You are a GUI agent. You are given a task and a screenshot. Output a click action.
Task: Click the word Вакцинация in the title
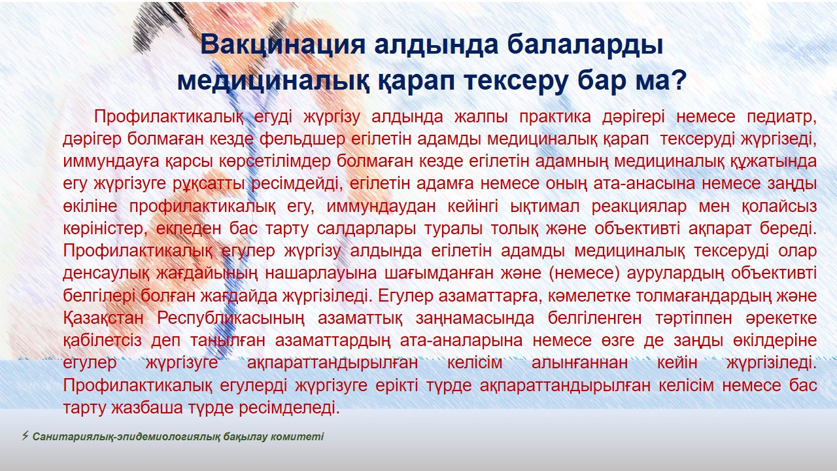coord(282,46)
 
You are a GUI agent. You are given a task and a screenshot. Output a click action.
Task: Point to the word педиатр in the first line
coord(781,117)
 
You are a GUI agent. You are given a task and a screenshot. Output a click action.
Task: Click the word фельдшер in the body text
coord(302,139)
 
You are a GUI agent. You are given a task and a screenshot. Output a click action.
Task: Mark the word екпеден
coord(189,229)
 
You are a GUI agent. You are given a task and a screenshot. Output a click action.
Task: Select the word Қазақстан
coord(103,319)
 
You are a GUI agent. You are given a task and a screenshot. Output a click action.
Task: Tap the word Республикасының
coord(231,319)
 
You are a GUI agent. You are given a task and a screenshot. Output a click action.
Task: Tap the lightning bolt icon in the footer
coord(25,436)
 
